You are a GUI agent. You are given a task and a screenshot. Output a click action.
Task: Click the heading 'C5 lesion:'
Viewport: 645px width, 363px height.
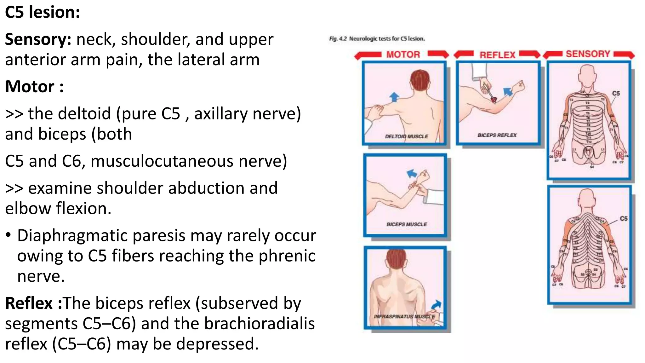pyautogui.click(x=43, y=13)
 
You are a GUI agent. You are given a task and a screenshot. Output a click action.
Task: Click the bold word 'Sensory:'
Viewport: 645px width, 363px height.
pyautogui.click(x=38, y=40)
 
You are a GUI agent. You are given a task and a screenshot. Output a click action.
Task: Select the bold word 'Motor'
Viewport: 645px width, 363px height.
pyautogui.click(x=30, y=87)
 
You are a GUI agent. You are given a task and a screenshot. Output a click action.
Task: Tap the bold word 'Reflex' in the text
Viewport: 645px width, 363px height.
pyautogui.click(x=29, y=303)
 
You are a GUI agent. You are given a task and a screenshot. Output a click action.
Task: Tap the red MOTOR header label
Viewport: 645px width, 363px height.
pyautogui.click(x=403, y=55)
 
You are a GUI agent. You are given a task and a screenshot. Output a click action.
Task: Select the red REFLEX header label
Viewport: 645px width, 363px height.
pyautogui.click(x=497, y=55)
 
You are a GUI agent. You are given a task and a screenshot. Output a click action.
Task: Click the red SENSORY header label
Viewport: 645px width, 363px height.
pyautogui.click(x=588, y=54)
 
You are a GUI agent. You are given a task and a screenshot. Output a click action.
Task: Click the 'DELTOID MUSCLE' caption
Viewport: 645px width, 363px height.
pyautogui.click(x=407, y=136)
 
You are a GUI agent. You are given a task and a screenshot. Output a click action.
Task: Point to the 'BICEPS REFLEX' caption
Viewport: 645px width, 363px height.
pyautogui.click(x=497, y=135)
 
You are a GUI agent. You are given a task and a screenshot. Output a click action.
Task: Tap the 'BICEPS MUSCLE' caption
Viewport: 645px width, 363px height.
pyautogui.click(x=407, y=224)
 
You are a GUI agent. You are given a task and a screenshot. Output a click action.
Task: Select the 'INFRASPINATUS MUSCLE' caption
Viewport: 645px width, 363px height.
pyautogui.click(x=404, y=316)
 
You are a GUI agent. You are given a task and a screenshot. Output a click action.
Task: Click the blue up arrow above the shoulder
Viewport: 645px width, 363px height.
pyautogui.click(x=394, y=97)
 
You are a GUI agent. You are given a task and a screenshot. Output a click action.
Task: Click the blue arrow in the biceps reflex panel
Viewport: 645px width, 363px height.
pyautogui.click(x=508, y=92)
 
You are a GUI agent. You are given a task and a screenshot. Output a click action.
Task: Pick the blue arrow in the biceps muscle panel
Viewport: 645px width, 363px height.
pyautogui.click(x=412, y=174)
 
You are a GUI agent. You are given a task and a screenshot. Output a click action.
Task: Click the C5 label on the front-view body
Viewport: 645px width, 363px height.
pyautogui.click(x=616, y=93)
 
